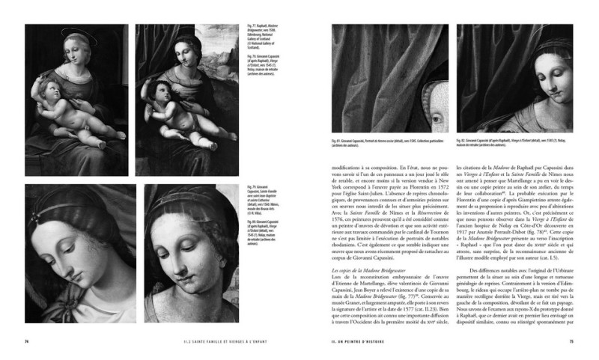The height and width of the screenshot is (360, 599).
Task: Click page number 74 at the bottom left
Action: (x=26, y=342)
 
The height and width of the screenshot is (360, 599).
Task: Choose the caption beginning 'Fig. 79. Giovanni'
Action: (x=261, y=200)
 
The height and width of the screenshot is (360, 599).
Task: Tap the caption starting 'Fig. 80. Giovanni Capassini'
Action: (x=261, y=232)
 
